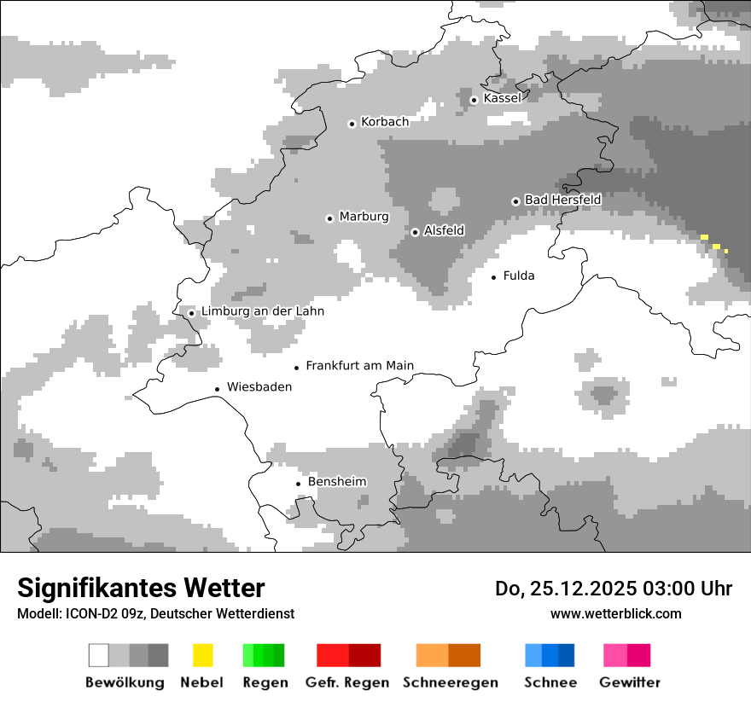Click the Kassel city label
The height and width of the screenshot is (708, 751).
502,98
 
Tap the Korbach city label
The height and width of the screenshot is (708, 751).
384,122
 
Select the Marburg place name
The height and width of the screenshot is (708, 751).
364,217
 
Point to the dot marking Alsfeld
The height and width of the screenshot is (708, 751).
415,232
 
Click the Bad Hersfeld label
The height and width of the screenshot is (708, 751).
562,200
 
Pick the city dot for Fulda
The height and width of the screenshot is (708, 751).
493,277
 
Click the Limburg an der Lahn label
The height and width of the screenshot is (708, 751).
262,311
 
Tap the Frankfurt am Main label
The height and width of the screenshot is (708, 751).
359,366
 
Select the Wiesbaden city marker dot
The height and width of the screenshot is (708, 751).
218,389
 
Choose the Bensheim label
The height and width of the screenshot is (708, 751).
337,482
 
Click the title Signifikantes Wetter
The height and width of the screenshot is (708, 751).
141,588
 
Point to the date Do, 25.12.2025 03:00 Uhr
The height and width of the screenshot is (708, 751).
613,589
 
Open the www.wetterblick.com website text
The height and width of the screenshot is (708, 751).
615,613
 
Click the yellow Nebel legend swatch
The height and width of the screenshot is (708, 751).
202,655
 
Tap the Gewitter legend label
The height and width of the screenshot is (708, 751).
629,682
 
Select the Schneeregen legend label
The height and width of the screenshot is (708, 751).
450,682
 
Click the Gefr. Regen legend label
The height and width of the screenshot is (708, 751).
346,682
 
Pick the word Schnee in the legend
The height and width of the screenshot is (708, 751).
550,682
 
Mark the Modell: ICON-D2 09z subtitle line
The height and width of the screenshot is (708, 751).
155,613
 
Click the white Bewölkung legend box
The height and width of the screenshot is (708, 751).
99,655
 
